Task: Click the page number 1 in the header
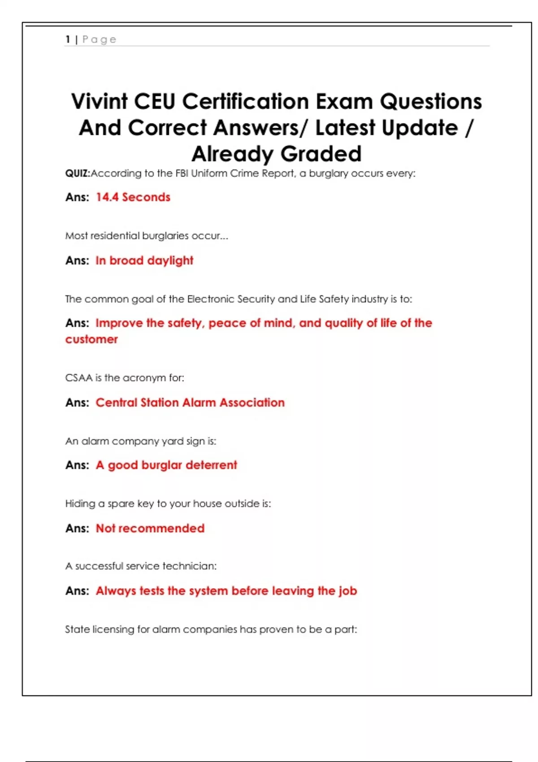(68, 39)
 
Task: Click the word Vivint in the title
(100, 101)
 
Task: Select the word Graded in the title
(321, 154)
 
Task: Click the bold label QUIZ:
(78, 173)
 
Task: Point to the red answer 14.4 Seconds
(133, 197)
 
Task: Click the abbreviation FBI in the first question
(182, 173)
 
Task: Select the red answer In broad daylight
(144, 260)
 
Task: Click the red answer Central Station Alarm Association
(190, 403)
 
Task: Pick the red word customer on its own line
(91, 339)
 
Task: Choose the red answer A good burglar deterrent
(166, 465)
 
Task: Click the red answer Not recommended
(150, 528)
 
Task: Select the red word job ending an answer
(347, 591)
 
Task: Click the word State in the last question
(77, 629)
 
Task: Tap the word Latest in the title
(345, 128)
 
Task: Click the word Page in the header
(99, 39)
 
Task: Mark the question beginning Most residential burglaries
(147, 236)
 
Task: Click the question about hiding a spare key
(168, 504)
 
